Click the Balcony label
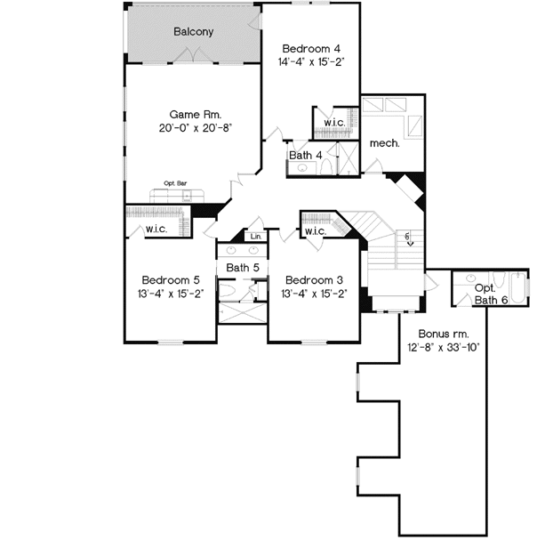193,31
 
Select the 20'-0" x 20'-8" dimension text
195,127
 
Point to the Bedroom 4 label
310,48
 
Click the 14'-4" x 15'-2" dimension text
310,62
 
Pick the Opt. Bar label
174,183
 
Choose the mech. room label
384,141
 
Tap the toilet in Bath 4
325,167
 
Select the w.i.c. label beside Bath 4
334,123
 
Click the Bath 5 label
241,267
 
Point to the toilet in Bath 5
228,290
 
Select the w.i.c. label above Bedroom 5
156,230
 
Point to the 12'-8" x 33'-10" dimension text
444,347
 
